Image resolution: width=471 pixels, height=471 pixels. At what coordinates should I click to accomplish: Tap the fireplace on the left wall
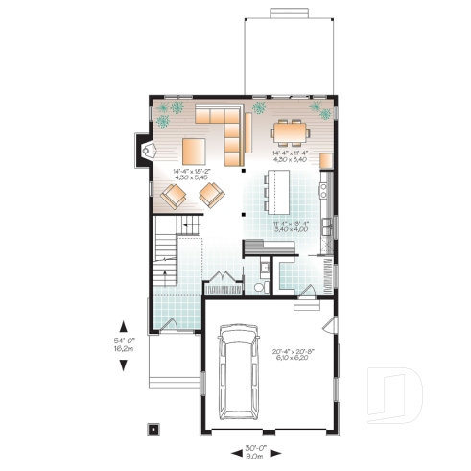[146, 149]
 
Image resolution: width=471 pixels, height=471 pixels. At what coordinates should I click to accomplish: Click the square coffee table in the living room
[192, 151]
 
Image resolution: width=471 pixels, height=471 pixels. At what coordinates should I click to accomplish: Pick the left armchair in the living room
[175, 197]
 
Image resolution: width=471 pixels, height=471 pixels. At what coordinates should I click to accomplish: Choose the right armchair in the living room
[211, 196]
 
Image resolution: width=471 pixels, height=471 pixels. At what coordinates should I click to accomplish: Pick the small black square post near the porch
[152, 429]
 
